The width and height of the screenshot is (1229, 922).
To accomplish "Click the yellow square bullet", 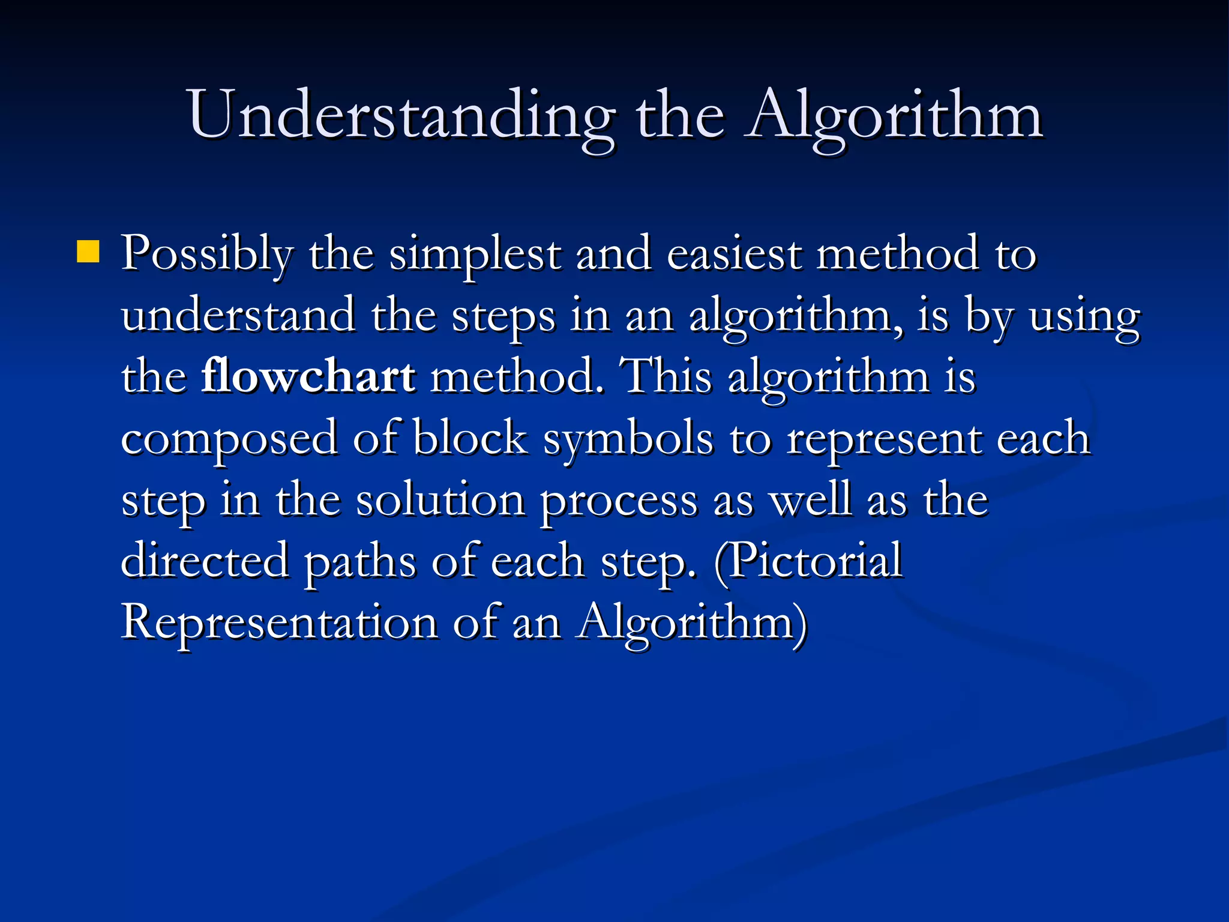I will click(x=88, y=252).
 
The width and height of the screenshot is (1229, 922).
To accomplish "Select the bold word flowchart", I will click(x=308, y=377).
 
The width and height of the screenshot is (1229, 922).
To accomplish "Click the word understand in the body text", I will click(x=238, y=316).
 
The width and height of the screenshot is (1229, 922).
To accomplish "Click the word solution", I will click(x=440, y=500).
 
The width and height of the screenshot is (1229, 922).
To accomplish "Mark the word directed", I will click(x=205, y=561).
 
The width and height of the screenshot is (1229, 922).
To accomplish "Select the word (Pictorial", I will click(x=808, y=561).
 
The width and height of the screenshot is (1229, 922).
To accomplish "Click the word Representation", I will click(x=279, y=623).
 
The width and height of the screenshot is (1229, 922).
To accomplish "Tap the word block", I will click(x=470, y=439).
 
